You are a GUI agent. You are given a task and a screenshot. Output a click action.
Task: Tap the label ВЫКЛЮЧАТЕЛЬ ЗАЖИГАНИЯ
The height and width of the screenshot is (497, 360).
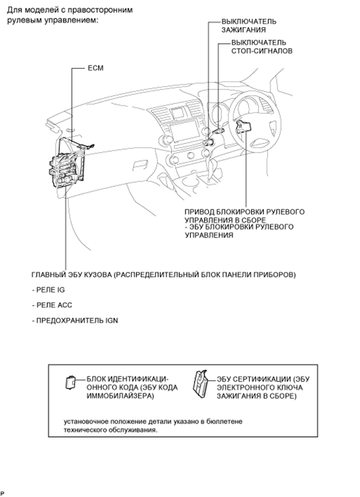(x=248, y=26)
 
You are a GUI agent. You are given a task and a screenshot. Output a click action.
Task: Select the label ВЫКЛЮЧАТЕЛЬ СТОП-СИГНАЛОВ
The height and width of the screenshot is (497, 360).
(x=261, y=46)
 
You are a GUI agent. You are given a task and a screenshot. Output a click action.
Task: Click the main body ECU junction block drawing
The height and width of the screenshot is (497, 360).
(x=65, y=162)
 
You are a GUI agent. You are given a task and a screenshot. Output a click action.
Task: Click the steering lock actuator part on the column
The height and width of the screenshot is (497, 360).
(x=243, y=126)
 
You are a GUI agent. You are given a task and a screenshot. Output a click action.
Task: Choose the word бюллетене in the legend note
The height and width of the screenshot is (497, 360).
(x=225, y=420)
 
